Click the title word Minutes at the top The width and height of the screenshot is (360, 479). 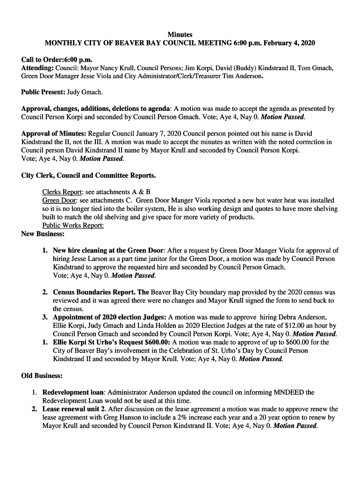(180, 35)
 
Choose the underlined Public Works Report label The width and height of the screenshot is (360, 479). (73, 225)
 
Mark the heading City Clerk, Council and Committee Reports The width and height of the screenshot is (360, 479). (89, 175)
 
